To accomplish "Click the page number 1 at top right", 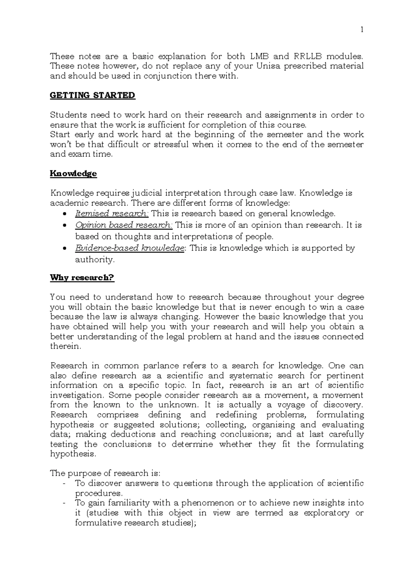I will (362, 30).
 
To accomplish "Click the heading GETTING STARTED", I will (92, 95).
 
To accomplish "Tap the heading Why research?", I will (82, 278).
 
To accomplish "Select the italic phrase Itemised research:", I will (112, 214).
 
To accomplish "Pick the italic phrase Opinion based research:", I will (124, 225).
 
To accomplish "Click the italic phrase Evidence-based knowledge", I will (129, 248).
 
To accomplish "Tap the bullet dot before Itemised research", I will (66, 215).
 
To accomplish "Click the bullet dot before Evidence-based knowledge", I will (66, 249).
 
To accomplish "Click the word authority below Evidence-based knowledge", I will (94, 259).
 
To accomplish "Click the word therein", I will (65, 346).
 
